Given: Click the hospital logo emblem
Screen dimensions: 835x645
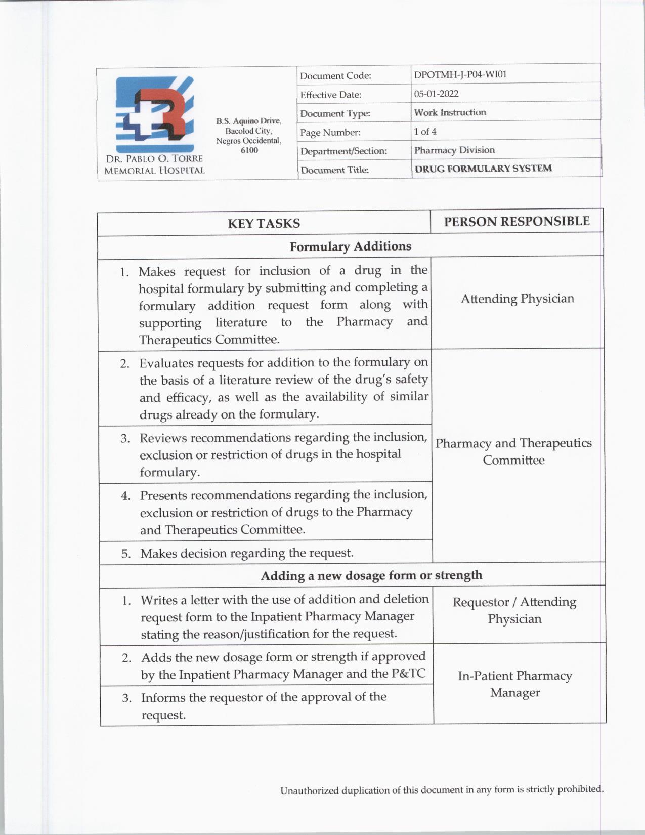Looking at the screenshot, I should tap(155, 114).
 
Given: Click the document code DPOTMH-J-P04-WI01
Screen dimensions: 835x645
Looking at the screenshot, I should tap(460, 74).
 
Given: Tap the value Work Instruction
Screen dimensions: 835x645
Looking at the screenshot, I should tap(450, 112).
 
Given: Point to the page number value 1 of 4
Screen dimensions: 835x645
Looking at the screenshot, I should tap(425, 132).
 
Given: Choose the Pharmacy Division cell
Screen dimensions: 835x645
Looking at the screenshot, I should tap(454, 150).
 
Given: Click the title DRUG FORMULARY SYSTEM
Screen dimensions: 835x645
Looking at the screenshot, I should tap(483, 169).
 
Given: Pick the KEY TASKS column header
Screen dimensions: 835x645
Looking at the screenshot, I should tap(264, 223).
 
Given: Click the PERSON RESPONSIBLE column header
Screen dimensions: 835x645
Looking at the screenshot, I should tap(517, 221).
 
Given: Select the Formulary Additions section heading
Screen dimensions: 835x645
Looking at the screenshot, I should tap(350, 246).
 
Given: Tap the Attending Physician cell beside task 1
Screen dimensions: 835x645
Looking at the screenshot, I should tap(518, 299).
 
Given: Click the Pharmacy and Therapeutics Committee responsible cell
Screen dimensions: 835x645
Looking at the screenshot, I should tap(513, 451).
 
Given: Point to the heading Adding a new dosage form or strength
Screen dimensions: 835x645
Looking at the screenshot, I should tap(371, 575).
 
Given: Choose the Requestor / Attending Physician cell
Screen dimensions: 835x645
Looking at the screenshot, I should tap(514, 610).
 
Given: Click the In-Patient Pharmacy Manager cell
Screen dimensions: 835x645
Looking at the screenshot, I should tap(515, 684).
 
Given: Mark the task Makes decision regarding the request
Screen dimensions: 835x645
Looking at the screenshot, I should tap(247, 553).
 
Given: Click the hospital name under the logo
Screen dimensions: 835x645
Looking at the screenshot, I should tap(154, 165).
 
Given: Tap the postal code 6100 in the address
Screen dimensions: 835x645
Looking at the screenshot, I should tap(249, 150).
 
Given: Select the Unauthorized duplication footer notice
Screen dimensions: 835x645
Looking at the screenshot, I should tap(442, 789).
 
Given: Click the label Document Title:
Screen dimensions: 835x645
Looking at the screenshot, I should tap(334, 170).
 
